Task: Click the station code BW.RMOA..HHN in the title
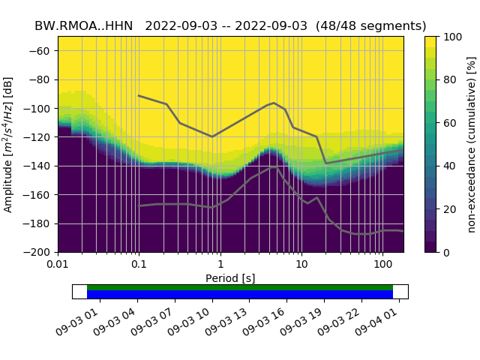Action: (x=83, y=25)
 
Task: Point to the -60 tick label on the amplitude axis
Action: (x=40, y=51)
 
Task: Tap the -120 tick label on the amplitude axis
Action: (x=38, y=137)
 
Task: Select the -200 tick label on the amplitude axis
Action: (x=38, y=252)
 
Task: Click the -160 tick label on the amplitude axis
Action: (x=38, y=195)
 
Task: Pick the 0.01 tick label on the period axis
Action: (x=57, y=265)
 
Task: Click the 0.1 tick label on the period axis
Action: (x=139, y=265)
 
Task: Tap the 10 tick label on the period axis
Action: (x=301, y=265)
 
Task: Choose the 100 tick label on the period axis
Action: (x=382, y=265)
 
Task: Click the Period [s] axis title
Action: (x=230, y=278)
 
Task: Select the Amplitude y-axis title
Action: (x=8, y=144)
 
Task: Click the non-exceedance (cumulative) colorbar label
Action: (x=472, y=144)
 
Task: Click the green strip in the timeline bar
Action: (x=240, y=287)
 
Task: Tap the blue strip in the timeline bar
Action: (x=240, y=295)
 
